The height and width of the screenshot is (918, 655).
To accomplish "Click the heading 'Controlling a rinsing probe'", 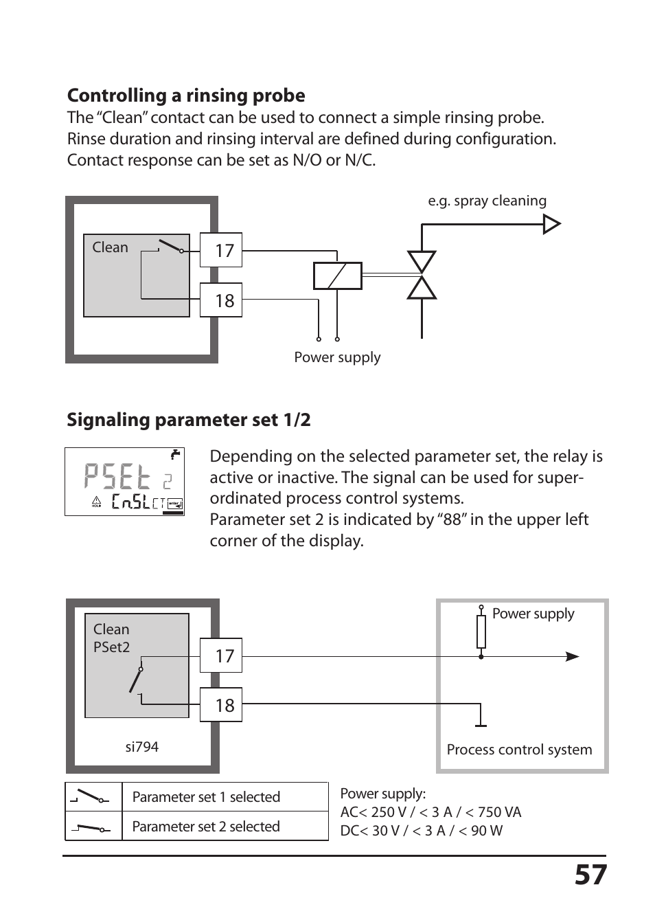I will (186, 96).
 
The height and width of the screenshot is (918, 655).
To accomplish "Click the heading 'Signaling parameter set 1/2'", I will (188, 420).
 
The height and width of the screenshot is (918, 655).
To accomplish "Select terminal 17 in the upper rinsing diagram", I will (221, 250).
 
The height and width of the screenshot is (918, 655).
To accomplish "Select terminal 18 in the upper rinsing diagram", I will (221, 300).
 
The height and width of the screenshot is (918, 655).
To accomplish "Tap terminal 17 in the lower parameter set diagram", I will (221, 656).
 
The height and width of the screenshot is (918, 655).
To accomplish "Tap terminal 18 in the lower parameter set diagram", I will (221, 705).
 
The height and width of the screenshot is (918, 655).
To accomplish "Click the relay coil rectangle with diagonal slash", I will (337, 276).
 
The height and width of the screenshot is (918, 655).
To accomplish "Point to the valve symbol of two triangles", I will (422, 275).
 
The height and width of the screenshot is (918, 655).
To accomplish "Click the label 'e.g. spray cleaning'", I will (487, 201).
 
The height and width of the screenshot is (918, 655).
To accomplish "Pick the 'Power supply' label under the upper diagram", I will (337, 357).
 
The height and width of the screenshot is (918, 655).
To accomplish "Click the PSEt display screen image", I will (124, 482).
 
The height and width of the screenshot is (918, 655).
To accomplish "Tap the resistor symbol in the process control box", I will (481, 632).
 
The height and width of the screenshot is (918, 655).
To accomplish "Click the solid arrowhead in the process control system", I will (572, 657).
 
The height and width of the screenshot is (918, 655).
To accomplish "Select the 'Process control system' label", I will (519, 750).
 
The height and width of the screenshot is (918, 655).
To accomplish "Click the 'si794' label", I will (141, 747).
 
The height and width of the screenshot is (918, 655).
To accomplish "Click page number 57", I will (590, 875).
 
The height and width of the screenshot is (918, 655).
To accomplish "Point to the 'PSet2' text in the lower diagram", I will (111, 647).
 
